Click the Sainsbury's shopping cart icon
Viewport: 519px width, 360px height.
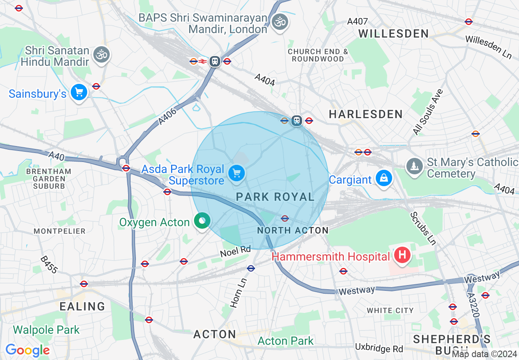[x=79, y=92]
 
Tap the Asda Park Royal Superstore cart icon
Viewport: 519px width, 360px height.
[x=236, y=173]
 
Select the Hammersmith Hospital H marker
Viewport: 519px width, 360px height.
[x=402, y=256]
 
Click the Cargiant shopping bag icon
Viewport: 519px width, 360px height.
[x=384, y=178]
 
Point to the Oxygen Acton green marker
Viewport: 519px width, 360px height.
[x=201, y=221]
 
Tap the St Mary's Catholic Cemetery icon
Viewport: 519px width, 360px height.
[x=415, y=166]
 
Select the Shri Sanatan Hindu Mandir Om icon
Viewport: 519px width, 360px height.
[x=101, y=55]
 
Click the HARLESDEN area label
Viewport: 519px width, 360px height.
[x=366, y=114]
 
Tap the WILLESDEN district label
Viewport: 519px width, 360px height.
[x=393, y=34]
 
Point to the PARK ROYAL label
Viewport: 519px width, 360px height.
[x=275, y=197]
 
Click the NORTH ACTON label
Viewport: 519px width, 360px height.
[x=293, y=230]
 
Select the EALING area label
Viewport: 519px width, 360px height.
[x=82, y=306]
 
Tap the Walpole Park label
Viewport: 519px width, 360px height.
[x=46, y=330]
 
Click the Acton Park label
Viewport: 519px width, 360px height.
[x=286, y=341]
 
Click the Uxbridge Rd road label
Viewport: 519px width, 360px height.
[x=379, y=348]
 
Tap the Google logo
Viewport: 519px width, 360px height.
[x=27, y=350]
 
